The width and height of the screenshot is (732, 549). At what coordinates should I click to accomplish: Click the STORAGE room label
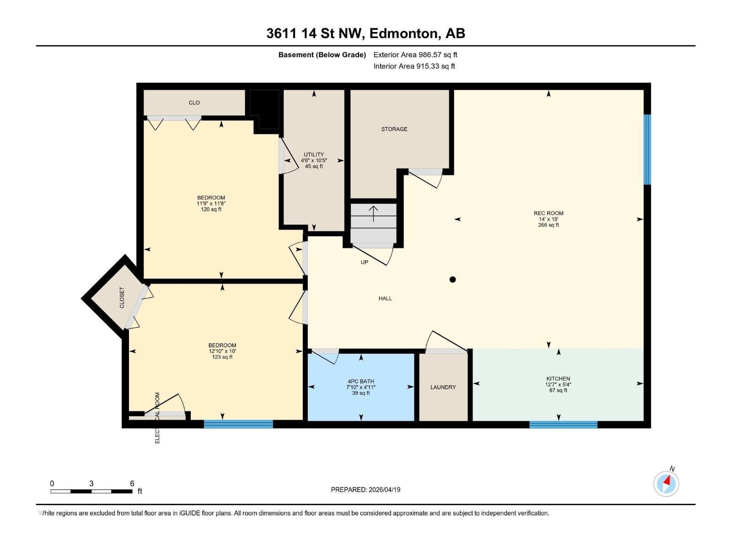394,129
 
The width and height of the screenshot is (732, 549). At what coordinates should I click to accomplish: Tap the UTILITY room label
314,155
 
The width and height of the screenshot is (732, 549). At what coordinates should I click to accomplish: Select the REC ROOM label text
548,213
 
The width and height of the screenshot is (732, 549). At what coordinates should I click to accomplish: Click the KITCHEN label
558,379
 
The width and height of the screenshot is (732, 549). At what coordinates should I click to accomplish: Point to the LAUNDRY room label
443,387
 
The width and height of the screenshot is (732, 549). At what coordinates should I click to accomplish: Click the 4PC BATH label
361,381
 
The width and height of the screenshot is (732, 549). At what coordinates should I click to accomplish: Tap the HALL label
385,298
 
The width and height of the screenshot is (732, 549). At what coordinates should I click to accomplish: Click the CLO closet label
194,102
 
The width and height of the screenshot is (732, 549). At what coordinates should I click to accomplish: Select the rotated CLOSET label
122,297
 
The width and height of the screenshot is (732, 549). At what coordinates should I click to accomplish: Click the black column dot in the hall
452,280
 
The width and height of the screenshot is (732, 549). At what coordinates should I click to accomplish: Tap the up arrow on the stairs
373,214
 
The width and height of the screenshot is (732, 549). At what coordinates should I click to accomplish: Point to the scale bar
91,491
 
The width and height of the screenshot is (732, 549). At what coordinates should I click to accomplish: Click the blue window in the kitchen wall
563,425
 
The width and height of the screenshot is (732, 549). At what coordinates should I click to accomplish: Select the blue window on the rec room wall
647,149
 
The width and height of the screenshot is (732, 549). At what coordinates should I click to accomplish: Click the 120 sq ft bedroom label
211,204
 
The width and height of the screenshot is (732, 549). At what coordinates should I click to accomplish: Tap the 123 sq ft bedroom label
222,351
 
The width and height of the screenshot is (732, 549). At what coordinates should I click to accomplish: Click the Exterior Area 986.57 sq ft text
415,55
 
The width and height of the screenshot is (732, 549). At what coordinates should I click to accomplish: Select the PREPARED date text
366,490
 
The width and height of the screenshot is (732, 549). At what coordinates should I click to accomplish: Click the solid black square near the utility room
264,109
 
